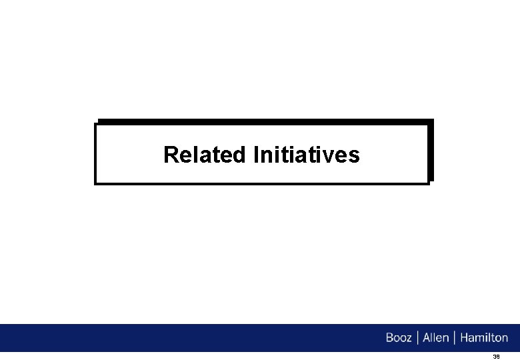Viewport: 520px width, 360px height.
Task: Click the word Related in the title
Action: coord(205,155)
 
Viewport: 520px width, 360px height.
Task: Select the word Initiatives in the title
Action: coord(307,155)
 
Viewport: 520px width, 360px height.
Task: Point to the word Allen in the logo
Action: coord(436,338)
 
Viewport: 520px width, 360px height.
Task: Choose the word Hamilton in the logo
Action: coord(484,338)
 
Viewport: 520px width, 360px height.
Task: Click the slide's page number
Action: coord(495,357)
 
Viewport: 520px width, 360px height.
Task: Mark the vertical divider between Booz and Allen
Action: coord(418,338)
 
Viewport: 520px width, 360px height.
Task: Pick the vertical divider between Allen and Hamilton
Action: coord(455,338)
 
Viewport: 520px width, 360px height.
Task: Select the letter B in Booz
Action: coord(390,338)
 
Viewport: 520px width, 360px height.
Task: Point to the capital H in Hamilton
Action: coord(464,338)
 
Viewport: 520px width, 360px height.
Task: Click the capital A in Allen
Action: coord(427,338)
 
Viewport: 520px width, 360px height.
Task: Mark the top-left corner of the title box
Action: coord(95,124)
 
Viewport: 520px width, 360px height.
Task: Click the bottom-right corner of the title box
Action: coord(428,183)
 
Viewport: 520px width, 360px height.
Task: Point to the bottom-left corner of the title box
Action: coord(95,183)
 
